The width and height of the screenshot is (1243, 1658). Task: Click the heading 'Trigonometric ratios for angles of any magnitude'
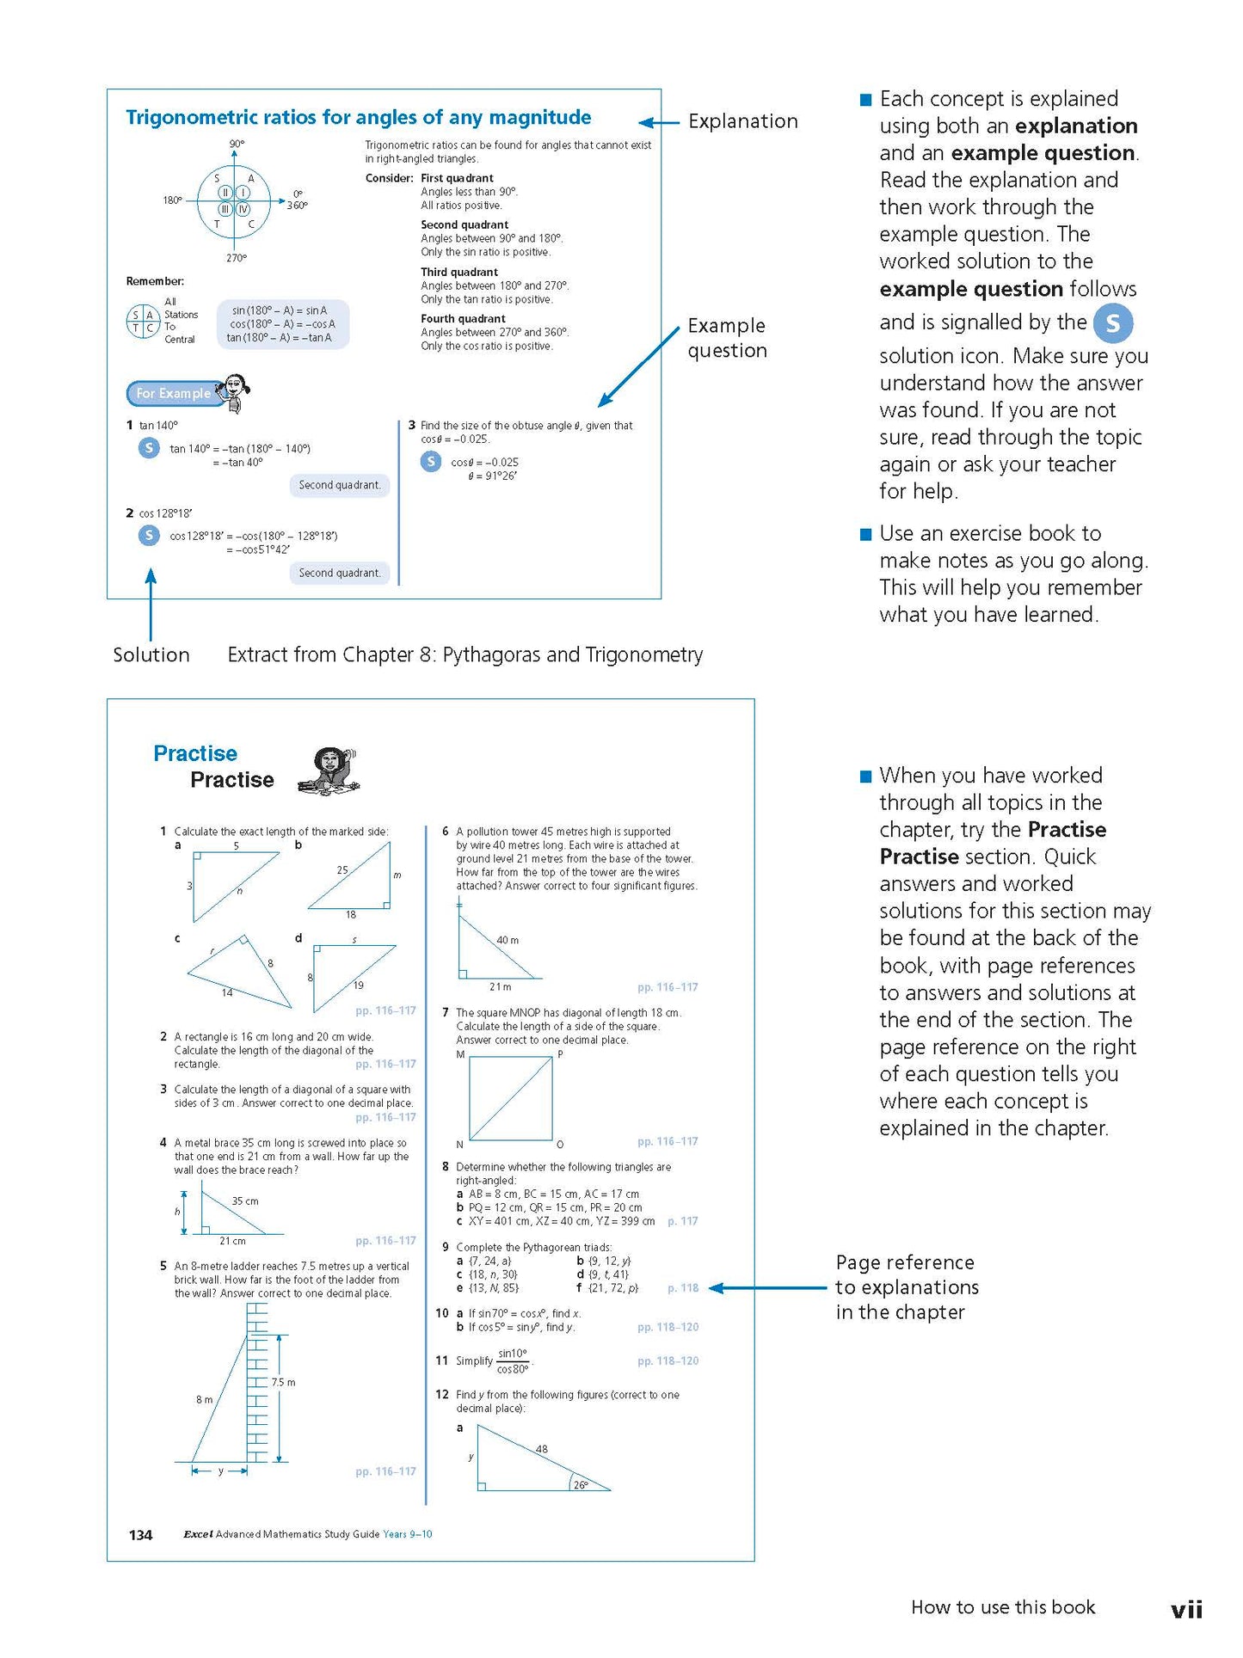click(x=358, y=118)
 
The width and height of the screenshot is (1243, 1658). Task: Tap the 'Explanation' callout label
click(x=742, y=121)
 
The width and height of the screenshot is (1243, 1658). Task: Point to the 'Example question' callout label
click(x=727, y=338)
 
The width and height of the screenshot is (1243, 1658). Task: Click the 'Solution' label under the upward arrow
click(x=151, y=655)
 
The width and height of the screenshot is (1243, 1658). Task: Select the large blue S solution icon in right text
click(x=1112, y=323)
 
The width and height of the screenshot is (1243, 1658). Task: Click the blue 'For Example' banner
click(x=174, y=393)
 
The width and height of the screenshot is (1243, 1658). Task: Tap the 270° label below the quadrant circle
click(x=236, y=258)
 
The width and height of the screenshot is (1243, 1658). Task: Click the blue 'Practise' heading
click(x=195, y=753)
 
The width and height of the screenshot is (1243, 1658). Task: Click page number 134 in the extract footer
click(x=140, y=1535)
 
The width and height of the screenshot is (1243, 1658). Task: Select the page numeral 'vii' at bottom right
click(x=1186, y=1609)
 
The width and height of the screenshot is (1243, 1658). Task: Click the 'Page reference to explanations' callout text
click(x=907, y=1287)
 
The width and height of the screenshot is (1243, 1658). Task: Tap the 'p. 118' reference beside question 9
click(x=683, y=1288)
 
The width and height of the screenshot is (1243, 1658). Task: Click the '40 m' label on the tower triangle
click(x=508, y=940)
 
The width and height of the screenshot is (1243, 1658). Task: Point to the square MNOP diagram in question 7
click(x=510, y=1098)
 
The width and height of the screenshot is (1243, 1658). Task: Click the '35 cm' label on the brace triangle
click(x=245, y=1201)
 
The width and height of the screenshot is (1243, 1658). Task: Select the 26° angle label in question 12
click(x=581, y=1485)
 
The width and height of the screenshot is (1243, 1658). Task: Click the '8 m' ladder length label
click(x=204, y=1400)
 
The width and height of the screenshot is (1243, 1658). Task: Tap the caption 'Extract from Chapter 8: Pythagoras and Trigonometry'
click(x=465, y=655)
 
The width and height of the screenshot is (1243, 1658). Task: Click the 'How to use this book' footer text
click(x=1003, y=1607)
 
